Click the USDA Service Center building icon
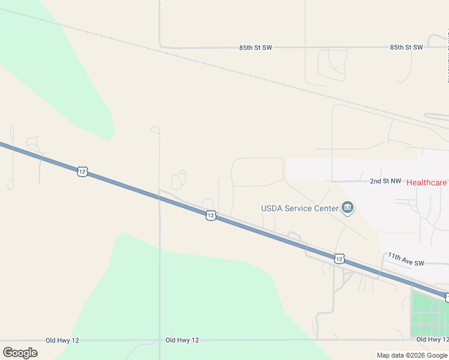tap(348, 208)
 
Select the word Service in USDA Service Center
tap(298, 209)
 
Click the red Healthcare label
tap(427, 182)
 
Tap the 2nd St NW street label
tap(385, 181)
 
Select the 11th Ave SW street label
tap(406, 259)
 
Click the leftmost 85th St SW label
tap(255, 47)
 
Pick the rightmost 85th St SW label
tap(406, 47)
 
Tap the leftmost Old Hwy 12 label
tap(62, 340)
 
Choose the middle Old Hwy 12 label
tap(182, 340)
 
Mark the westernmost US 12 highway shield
tap(82, 172)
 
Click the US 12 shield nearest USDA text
tap(210, 215)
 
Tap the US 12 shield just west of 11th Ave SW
tap(339, 259)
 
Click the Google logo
tap(20, 353)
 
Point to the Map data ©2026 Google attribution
tap(412, 355)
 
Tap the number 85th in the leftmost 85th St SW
tap(246, 47)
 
